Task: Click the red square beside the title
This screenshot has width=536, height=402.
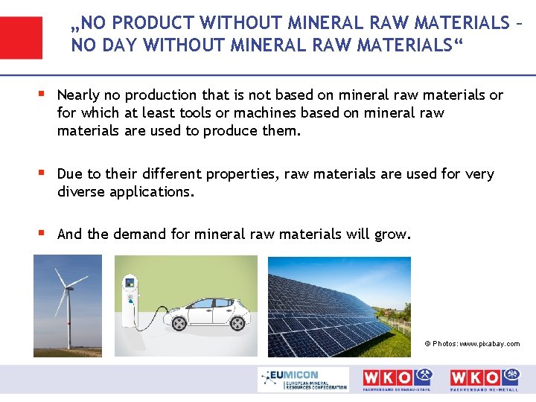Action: pyautogui.click(x=21, y=37)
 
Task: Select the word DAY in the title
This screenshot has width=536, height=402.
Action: pyautogui.click(x=118, y=45)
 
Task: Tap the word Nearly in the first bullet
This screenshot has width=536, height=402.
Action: pyautogui.click(x=80, y=95)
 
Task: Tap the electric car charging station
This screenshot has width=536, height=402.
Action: pyautogui.click(x=131, y=302)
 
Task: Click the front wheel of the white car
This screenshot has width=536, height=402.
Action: pyautogui.click(x=179, y=323)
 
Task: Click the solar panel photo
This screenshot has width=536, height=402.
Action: pyautogui.click(x=339, y=306)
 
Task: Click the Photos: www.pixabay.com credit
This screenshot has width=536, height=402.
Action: pyautogui.click(x=472, y=344)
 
